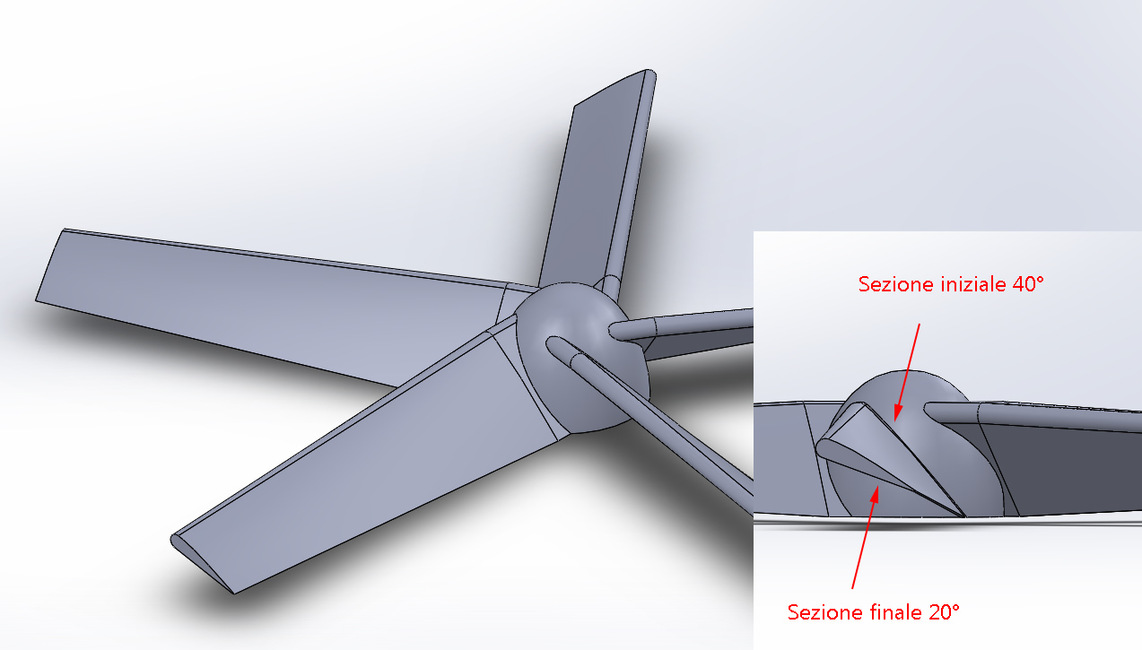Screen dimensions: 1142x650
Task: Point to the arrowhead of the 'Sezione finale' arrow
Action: pyautogui.click(x=876, y=495)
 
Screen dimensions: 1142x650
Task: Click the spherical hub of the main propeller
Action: pyautogui.click(x=581, y=357)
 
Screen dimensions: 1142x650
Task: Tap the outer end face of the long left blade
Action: pyautogui.click(x=49, y=265)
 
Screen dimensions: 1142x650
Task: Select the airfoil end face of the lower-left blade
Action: pyautogui.click(x=201, y=564)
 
